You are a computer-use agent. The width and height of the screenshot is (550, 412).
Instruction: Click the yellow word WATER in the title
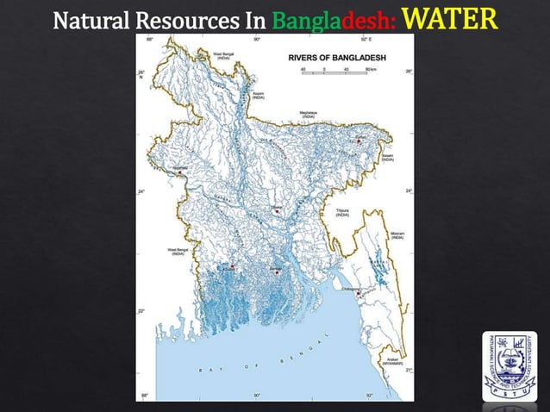tap(450, 17)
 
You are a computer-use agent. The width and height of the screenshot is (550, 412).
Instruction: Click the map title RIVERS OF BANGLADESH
tap(335, 57)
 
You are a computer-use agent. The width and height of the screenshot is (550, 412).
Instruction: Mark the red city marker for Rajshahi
tap(178, 174)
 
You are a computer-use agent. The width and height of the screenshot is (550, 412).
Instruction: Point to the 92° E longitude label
tap(366, 39)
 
